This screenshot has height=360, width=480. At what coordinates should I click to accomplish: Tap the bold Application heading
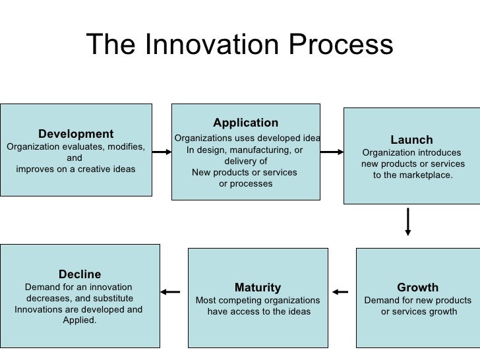(245, 123)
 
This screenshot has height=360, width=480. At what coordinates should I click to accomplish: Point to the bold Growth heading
(417, 287)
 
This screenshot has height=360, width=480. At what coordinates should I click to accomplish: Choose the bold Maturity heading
(257, 287)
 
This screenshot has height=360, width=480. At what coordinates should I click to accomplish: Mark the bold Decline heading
(80, 274)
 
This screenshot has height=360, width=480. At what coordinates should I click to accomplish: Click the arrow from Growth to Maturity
(340, 291)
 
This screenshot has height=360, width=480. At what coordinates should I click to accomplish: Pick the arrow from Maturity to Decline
(171, 291)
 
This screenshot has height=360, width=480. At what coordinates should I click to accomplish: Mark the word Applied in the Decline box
(79, 320)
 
